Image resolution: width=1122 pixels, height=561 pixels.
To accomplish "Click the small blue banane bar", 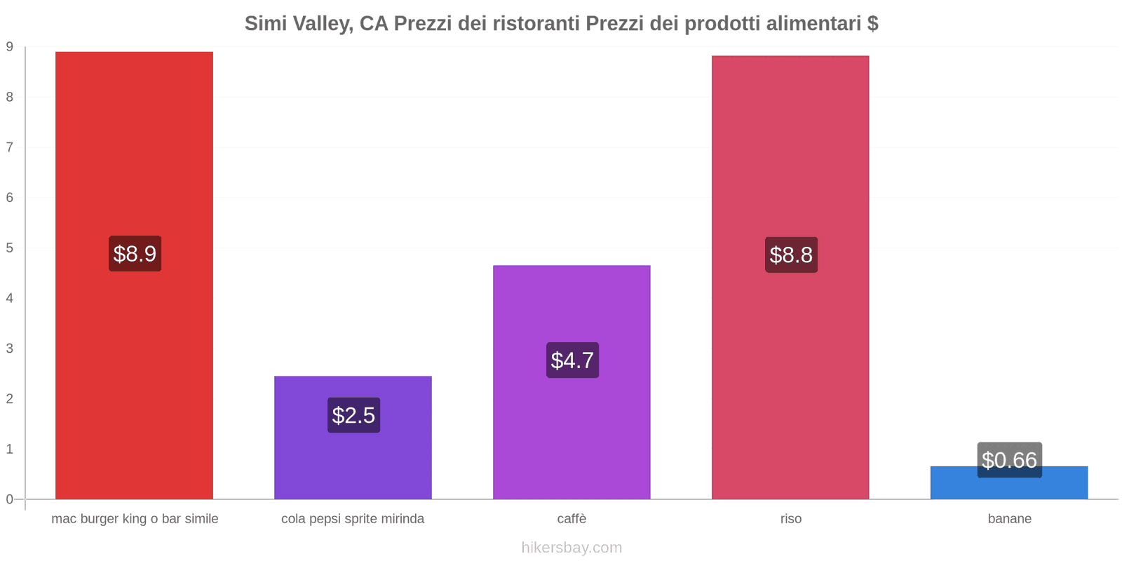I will coord(1009,487).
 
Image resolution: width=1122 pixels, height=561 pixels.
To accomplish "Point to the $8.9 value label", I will coord(135,254).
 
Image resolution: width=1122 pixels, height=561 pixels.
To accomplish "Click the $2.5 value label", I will coord(353,415).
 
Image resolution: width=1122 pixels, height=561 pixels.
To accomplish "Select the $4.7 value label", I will coord(572,360).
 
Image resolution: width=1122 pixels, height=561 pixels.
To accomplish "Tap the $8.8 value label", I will coord(791,255).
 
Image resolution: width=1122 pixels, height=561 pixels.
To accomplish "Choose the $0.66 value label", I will coord(1009,460).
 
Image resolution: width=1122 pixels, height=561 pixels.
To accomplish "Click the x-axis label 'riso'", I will coord(790,519).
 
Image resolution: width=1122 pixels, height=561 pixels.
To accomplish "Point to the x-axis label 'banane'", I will coord(1009,519).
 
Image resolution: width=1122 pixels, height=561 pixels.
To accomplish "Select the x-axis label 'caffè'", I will coord(572,519).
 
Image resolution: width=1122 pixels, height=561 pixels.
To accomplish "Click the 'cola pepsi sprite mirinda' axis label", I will coord(353,519).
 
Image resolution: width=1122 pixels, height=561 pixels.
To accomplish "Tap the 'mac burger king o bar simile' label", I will coord(135,519).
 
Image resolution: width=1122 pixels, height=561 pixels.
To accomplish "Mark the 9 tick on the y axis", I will coord(10,47).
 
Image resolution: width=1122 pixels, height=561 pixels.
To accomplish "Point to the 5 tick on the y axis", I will coord(10,248).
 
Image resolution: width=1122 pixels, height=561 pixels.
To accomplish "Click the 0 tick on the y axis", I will coord(10,499).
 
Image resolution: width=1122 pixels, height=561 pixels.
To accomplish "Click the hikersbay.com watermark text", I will coord(572,548).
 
